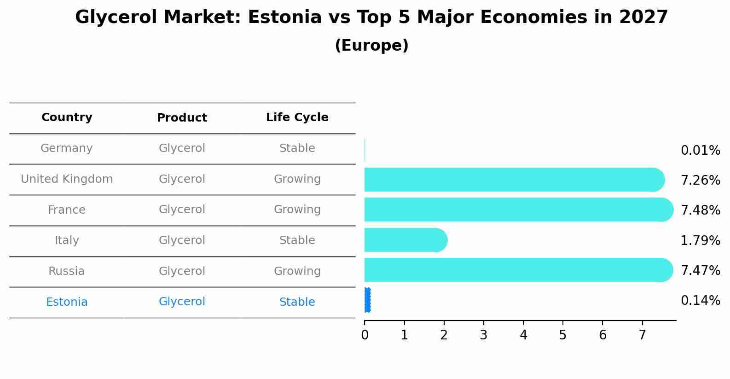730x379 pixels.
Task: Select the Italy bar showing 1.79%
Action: pyautogui.click(x=405, y=240)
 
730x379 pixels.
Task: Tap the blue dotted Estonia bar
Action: pyautogui.click(x=367, y=300)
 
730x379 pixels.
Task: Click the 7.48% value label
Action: pyautogui.click(x=700, y=210)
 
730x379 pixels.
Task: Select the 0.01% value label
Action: pyautogui.click(x=700, y=151)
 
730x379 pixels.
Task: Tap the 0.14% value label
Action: pyautogui.click(x=700, y=301)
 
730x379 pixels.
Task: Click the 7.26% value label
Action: pyautogui.click(x=700, y=181)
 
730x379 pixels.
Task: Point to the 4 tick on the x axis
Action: pyautogui.click(x=523, y=335)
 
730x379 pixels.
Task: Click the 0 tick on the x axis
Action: pyautogui.click(x=365, y=335)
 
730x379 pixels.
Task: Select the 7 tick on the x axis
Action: pyautogui.click(x=642, y=335)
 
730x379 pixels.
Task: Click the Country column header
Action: pyautogui.click(x=67, y=117)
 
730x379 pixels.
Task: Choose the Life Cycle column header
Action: pyautogui.click(x=297, y=117)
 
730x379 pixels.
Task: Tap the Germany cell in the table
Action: pyautogui.click(x=67, y=148)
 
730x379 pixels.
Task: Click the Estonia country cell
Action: pyautogui.click(x=67, y=302)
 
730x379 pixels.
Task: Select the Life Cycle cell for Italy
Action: pyautogui.click(x=297, y=240)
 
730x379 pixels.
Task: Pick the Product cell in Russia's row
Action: pyautogui.click(x=182, y=271)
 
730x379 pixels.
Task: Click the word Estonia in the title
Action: pyautogui.click(x=284, y=17)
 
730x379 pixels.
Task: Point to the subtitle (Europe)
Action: pyautogui.click(x=371, y=46)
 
